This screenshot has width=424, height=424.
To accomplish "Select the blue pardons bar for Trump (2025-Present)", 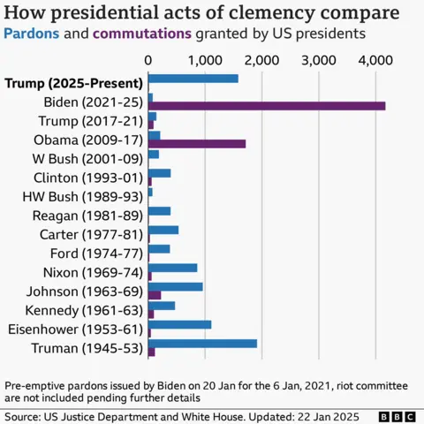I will click(193, 79).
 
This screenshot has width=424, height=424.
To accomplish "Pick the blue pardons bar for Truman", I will click(202, 343).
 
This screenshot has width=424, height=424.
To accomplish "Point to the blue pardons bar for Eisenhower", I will click(179, 324).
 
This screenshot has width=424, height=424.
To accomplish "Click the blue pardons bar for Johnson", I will click(175, 286).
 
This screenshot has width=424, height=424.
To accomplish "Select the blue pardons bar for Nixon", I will click(172, 268).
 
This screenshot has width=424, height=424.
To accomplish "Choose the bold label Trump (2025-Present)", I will click(72, 84).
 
